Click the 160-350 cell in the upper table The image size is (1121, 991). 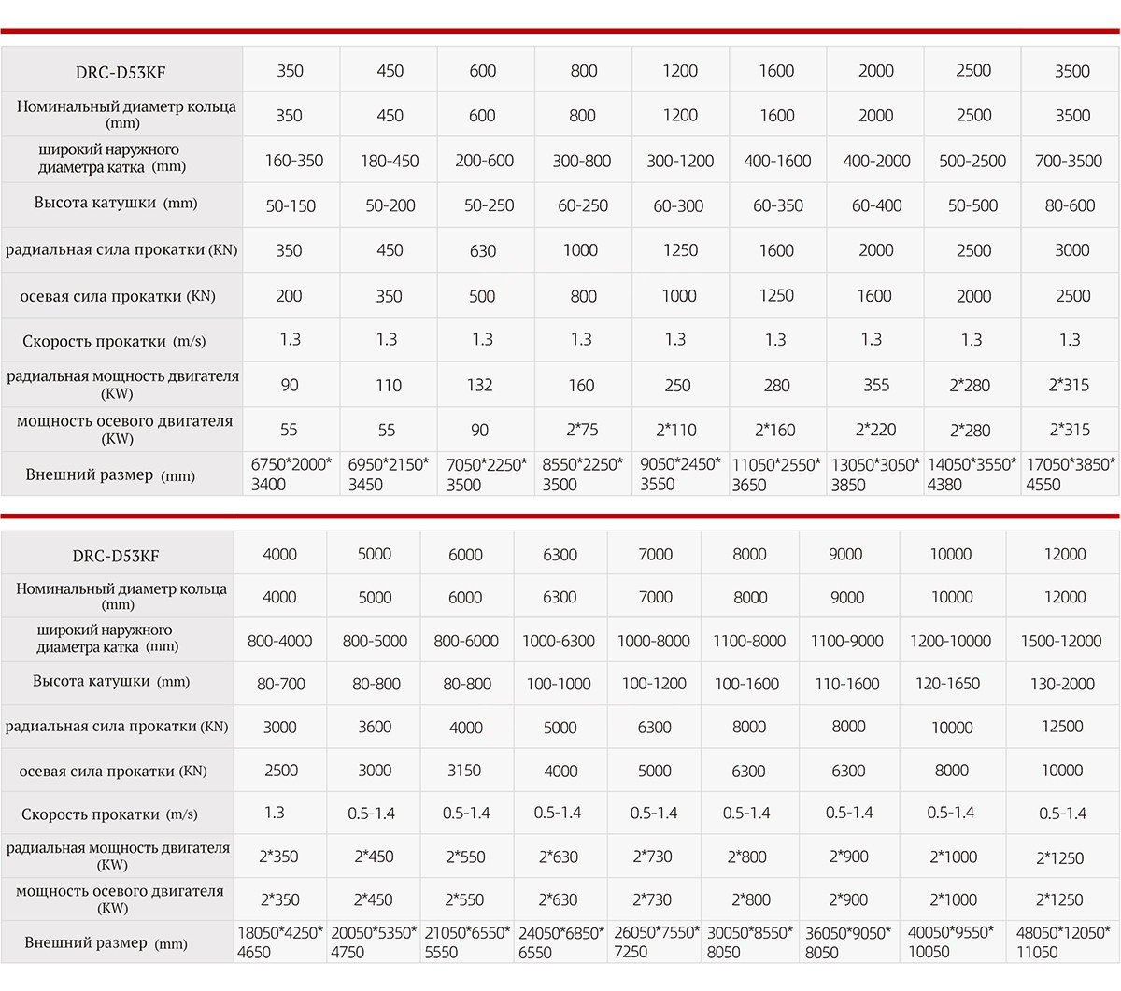click(293, 161)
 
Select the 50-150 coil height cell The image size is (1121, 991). click(291, 205)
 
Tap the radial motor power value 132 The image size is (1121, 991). click(482, 385)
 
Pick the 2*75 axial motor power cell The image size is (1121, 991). click(582, 430)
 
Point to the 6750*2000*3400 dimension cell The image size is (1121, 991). click(291, 474)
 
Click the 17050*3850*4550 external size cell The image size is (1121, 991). click(1071, 474)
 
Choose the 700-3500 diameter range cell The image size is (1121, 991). click(1069, 161)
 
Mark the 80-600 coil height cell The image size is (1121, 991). click(1070, 205)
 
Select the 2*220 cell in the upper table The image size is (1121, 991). click(875, 430)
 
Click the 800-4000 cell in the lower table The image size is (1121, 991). click(279, 642)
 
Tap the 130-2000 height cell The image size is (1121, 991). click(1062, 684)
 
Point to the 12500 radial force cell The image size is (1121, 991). click(1062, 727)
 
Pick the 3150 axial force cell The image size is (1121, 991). click(464, 771)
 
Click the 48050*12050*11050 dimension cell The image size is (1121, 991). click(1063, 942)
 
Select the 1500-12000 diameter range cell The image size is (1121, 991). click(1062, 642)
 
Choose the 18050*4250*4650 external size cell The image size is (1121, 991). click(279, 942)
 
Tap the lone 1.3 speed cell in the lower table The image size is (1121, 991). click(274, 813)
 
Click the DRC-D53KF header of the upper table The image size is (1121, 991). click(122, 72)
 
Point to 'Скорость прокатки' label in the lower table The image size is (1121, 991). click(109, 814)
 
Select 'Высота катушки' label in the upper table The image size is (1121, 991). click(116, 203)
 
